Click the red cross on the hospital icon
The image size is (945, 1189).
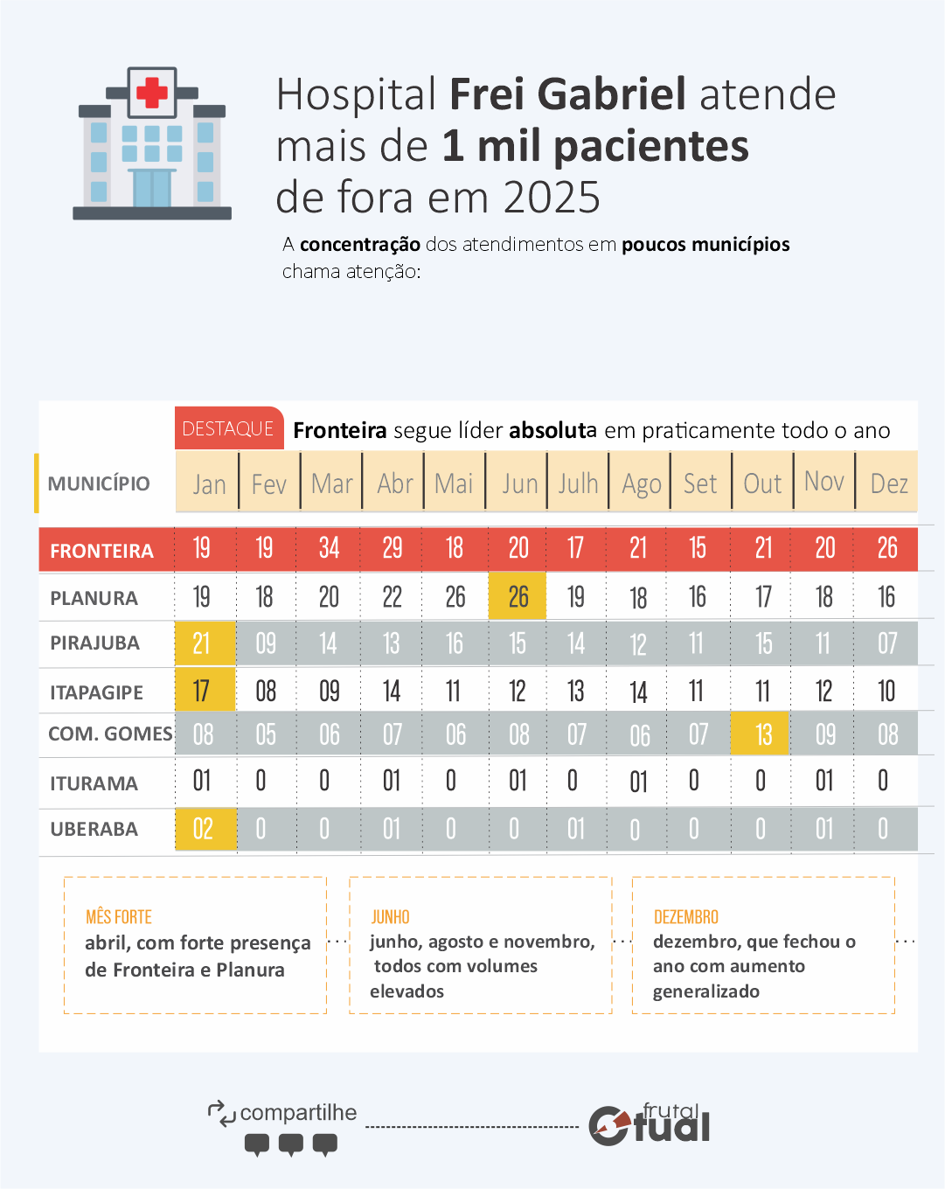click(x=152, y=92)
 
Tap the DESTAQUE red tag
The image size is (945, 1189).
click(x=228, y=428)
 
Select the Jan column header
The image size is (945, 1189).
click(x=209, y=483)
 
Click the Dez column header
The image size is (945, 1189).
click(x=888, y=483)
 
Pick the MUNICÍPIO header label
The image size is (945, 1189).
click(x=99, y=483)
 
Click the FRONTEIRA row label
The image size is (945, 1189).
click(x=101, y=551)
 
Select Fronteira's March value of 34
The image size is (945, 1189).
click(x=329, y=548)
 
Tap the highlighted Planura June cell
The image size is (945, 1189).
click(x=518, y=597)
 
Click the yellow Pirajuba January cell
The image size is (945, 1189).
click(x=202, y=643)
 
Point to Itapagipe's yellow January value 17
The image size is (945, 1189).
click(x=202, y=691)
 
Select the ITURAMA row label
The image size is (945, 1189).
click(x=94, y=783)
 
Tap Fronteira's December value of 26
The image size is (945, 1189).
click(x=887, y=548)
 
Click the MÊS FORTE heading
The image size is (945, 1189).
click(x=119, y=916)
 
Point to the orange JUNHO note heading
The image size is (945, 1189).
click(x=390, y=916)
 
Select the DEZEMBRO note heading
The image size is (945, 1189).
click(x=686, y=916)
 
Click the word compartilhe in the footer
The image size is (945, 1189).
click(x=298, y=1112)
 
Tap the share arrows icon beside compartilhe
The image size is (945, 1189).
click(x=221, y=1113)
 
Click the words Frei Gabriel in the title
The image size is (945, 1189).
click(x=567, y=94)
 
